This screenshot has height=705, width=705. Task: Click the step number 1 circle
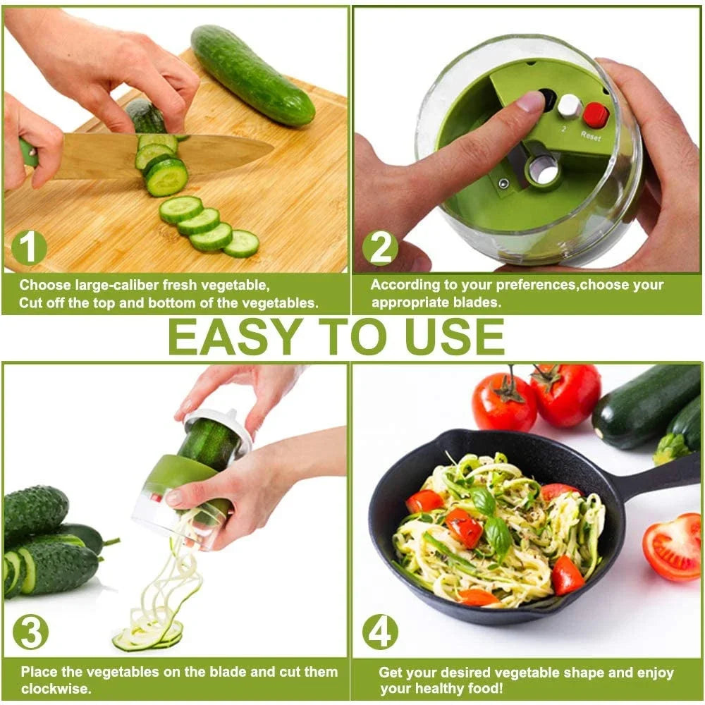point(29,248)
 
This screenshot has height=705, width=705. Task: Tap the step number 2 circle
point(380,248)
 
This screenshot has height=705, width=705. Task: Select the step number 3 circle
point(30,632)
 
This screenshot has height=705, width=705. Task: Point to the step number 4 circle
point(380,632)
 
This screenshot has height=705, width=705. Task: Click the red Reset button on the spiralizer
point(595,114)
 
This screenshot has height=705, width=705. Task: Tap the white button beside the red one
point(569,106)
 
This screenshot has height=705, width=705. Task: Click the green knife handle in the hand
point(28,153)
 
